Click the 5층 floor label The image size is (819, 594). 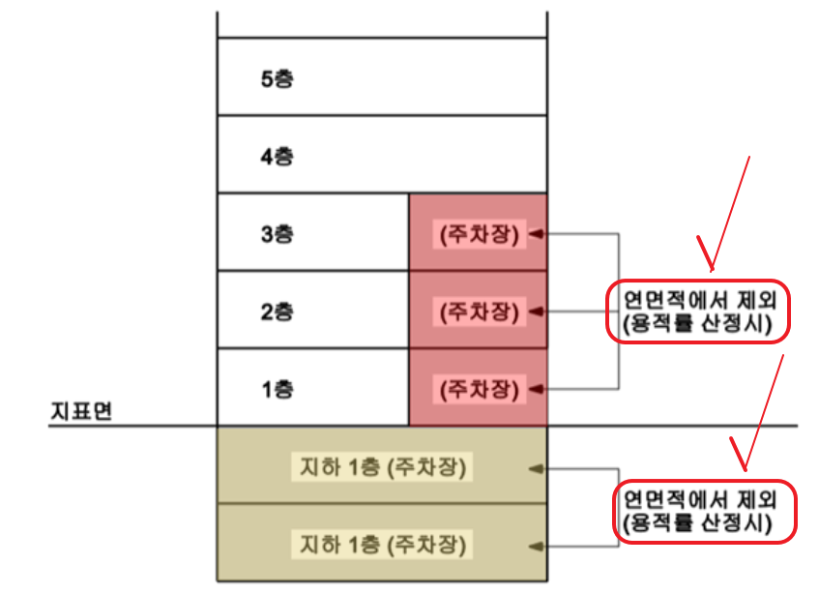(277, 78)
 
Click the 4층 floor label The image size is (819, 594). (277, 156)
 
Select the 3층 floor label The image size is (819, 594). (277, 234)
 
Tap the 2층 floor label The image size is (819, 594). (277, 312)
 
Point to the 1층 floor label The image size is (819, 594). (277, 390)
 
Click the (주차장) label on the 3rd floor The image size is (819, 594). (479, 234)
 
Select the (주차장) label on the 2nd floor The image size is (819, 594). (479, 312)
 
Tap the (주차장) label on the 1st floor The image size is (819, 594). (479, 390)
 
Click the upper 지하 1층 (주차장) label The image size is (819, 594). (381, 467)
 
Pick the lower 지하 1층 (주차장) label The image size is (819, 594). (381, 545)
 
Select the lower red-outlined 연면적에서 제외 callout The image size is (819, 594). (706, 511)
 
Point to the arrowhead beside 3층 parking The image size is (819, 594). (536, 234)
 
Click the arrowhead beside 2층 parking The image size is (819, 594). (536, 312)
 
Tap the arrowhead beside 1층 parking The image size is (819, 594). (536, 390)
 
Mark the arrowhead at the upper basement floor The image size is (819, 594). (536, 468)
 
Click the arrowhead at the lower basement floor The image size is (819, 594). (536, 545)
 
